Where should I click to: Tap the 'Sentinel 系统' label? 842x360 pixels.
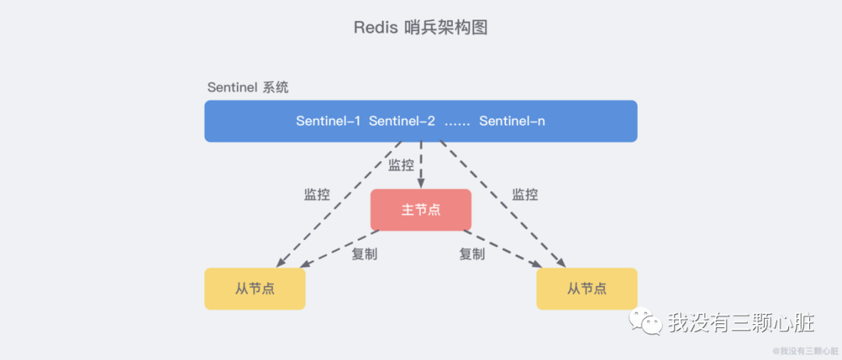(x=247, y=87)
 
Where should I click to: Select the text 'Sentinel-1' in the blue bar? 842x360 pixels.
(x=328, y=122)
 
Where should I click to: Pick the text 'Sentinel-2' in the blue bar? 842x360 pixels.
(x=402, y=122)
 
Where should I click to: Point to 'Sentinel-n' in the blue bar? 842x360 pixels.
(x=512, y=122)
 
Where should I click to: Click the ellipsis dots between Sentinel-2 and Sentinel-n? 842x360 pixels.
(x=457, y=123)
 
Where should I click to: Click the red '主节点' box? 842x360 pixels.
(x=421, y=210)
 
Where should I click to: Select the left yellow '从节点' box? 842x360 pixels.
(x=255, y=289)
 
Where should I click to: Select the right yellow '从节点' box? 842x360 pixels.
(x=586, y=289)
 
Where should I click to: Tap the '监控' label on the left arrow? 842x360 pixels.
(x=317, y=195)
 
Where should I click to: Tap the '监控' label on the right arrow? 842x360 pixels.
(x=525, y=195)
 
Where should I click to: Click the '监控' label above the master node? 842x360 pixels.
(x=401, y=165)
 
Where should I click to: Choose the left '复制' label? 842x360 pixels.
(x=364, y=254)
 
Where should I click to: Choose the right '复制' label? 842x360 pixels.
(x=472, y=254)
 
